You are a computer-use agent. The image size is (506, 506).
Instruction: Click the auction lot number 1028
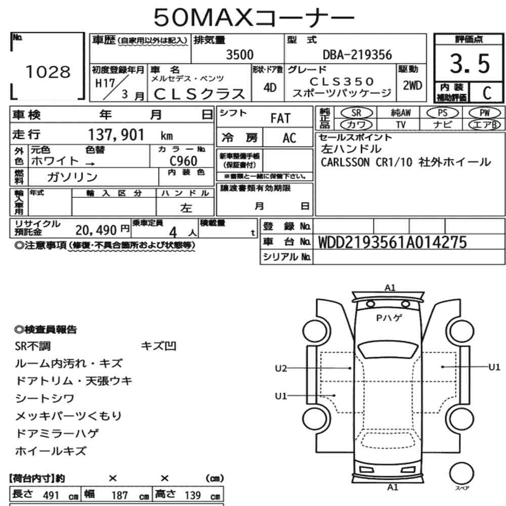point(48,72)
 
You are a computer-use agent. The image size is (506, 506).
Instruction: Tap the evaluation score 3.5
point(470,64)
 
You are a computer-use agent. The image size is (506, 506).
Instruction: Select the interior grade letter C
point(487,93)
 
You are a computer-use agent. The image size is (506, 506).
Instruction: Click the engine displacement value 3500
point(239,55)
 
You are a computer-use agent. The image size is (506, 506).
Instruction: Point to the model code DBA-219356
point(357,55)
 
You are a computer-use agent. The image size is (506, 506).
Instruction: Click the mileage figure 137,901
point(116,135)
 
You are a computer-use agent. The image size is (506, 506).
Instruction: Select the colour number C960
point(183,161)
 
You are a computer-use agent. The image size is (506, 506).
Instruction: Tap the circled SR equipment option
point(356,113)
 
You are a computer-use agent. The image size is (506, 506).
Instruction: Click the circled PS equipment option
point(442,113)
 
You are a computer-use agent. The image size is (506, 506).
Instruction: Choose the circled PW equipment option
point(484,113)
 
